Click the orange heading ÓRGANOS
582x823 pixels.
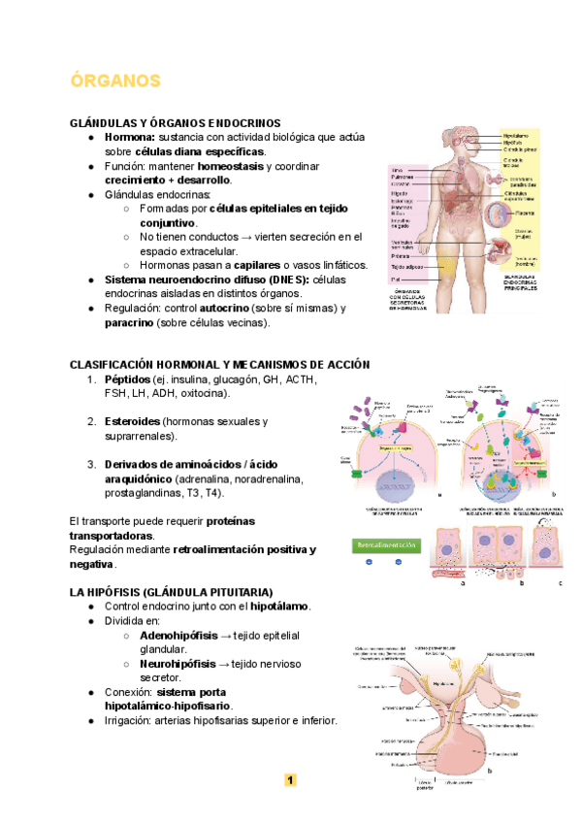click(115, 80)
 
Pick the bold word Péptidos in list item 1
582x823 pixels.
click(127, 379)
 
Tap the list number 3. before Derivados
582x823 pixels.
click(91, 465)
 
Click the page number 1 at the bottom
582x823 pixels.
click(290, 779)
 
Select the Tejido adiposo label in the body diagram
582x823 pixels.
click(407, 266)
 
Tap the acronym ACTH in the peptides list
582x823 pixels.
click(300, 379)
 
